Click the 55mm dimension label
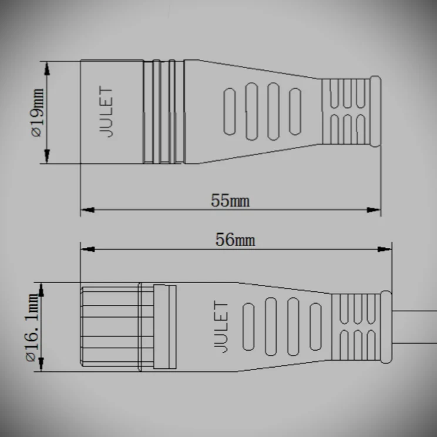tap(230, 201)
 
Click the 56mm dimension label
tap(235, 240)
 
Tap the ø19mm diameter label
tap(36, 112)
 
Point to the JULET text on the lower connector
tap(221, 327)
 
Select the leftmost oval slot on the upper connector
tap(231, 112)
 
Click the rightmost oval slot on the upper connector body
tap(295, 112)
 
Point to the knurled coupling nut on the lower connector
tap(109, 327)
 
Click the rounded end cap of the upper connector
tap(374, 112)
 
